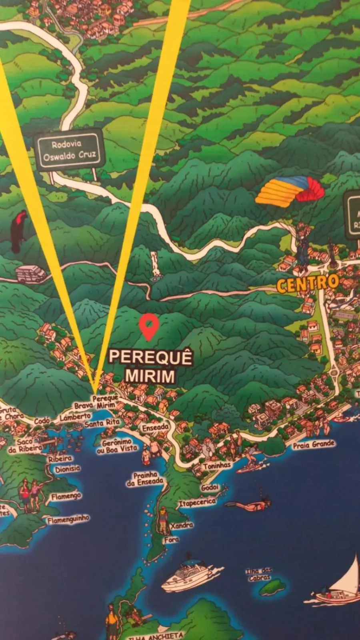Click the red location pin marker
[149, 326]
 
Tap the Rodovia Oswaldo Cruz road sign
[69, 150]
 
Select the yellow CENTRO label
[307, 284]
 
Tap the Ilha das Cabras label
[259, 574]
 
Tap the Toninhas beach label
[217, 466]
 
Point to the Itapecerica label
[197, 502]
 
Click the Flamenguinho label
[68, 519]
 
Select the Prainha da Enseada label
[145, 479]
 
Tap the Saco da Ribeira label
[25, 445]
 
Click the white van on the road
[31, 274]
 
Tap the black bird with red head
[18, 231]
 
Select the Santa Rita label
[102, 423]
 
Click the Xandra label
[182, 525]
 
